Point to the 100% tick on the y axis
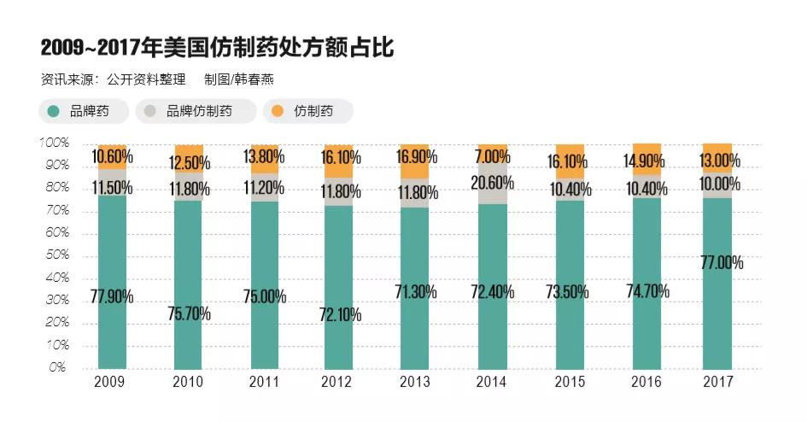pyautogui.click(x=54, y=142)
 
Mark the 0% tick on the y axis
pyautogui.click(x=58, y=368)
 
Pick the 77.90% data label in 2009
pyautogui.click(x=111, y=296)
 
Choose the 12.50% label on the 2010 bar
pyautogui.click(x=188, y=161)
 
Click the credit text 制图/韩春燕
pyautogui.click(x=238, y=79)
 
